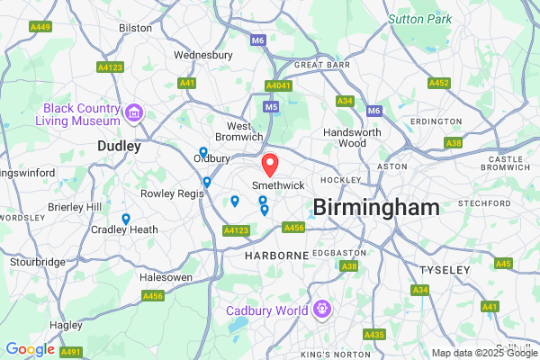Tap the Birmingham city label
(x=376, y=208)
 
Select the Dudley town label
(x=119, y=145)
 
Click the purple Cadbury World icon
(x=319, y=310)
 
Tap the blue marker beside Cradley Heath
(x=125, y=219)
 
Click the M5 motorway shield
(x=271, y=106)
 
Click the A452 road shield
(x=438, y=83)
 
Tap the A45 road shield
(x=503, y=264)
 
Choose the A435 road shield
(x=374, y=334)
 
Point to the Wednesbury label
(x=202, y=55)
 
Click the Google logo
(x=30, y=349)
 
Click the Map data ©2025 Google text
(x=483, y=353)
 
